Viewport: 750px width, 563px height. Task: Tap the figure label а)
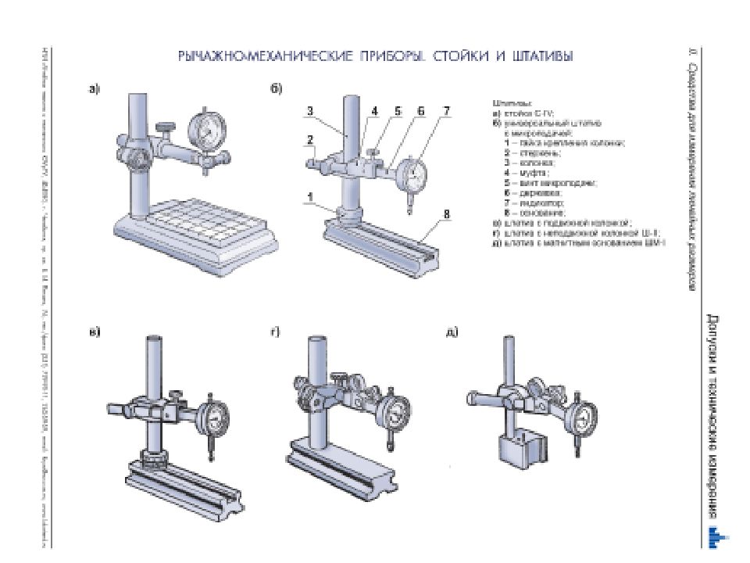(93, 89)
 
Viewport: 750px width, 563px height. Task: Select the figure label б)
(276, 89)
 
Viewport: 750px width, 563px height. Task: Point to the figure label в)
(94, 332)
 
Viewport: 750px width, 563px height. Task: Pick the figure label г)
(276, 332)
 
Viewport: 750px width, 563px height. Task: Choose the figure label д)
(451, 332)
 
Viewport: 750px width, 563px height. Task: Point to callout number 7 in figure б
(446, 111)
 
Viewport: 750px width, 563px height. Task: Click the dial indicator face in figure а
(206, 128)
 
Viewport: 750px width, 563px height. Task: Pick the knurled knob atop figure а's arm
(165, 125)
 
